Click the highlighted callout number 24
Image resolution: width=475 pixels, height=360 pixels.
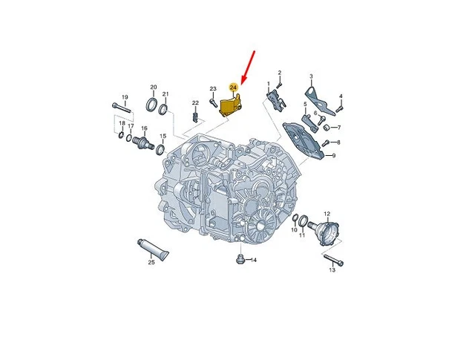point(233,88)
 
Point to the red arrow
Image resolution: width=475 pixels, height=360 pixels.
point(248,68)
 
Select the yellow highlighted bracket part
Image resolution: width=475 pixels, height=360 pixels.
point(231,105)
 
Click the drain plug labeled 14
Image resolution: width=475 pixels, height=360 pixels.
point(239,259)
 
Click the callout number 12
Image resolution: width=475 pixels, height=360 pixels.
point(327,214)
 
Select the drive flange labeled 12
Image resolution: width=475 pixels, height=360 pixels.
point(324,232)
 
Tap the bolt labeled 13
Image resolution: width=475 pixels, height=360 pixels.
point(334,260)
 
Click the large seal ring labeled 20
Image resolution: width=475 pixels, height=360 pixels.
point(151,104)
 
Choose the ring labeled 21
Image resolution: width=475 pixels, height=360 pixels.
point(163,109)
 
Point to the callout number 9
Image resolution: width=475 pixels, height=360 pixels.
point(334,156)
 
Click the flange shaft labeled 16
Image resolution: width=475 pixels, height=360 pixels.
point(143,142)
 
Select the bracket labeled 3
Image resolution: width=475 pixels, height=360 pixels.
point(319,99)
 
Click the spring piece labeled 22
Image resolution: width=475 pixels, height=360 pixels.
point(196,117)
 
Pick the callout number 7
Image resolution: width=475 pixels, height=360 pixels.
point(338,128)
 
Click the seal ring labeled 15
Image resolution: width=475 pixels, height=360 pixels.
point(160,149)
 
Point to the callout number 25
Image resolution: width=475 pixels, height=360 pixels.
point(151,263)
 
